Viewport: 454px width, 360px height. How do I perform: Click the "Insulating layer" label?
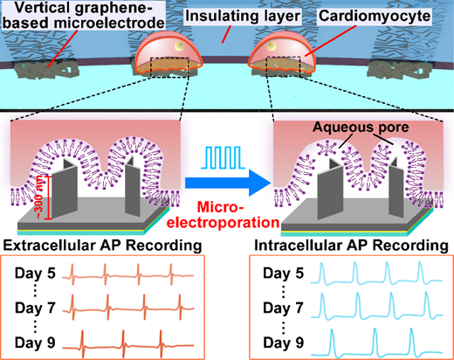243,17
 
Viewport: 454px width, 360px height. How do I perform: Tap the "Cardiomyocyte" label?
375,16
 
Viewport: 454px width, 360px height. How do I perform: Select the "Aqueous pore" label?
361,127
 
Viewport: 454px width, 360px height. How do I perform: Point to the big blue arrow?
228,183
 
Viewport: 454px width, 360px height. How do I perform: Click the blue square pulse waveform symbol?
223,157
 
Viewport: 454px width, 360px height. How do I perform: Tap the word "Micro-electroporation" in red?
224,215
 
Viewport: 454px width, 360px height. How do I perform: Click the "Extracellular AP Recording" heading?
102,246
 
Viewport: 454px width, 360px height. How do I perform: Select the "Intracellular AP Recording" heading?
351,246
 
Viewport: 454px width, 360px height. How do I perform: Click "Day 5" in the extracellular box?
35,273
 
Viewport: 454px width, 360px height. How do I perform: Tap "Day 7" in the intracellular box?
283,308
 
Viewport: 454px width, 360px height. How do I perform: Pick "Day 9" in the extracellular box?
35,343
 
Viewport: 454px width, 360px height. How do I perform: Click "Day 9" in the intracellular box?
283,343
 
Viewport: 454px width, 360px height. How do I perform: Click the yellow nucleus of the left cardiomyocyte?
179,46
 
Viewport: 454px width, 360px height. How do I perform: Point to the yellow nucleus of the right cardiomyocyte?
272,45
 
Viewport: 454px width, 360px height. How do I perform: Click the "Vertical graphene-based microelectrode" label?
84,15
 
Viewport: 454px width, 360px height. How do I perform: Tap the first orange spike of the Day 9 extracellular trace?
83,343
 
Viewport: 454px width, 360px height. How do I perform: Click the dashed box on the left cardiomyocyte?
170,67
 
